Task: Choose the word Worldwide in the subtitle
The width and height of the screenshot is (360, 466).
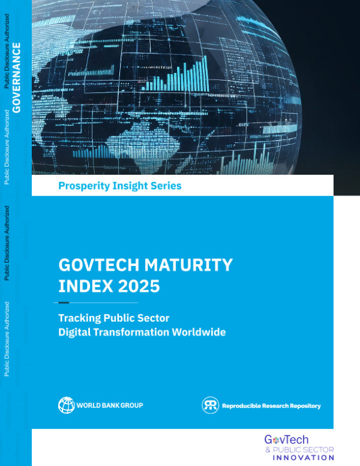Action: (x=199, y=331)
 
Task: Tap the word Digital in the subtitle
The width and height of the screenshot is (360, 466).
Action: (x=73, y=331)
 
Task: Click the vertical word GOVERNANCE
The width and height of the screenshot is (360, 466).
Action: (x=17, y=78)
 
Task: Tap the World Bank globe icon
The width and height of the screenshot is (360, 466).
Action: (x=66, y=405)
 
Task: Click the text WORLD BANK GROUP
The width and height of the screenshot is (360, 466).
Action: (x=110, y=405)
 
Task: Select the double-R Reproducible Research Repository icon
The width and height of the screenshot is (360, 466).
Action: (x=210, y=405)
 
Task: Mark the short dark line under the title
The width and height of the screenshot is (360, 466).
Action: (x=64, y=303)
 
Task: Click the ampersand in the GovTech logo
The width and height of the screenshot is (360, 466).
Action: (x=268, y=449)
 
